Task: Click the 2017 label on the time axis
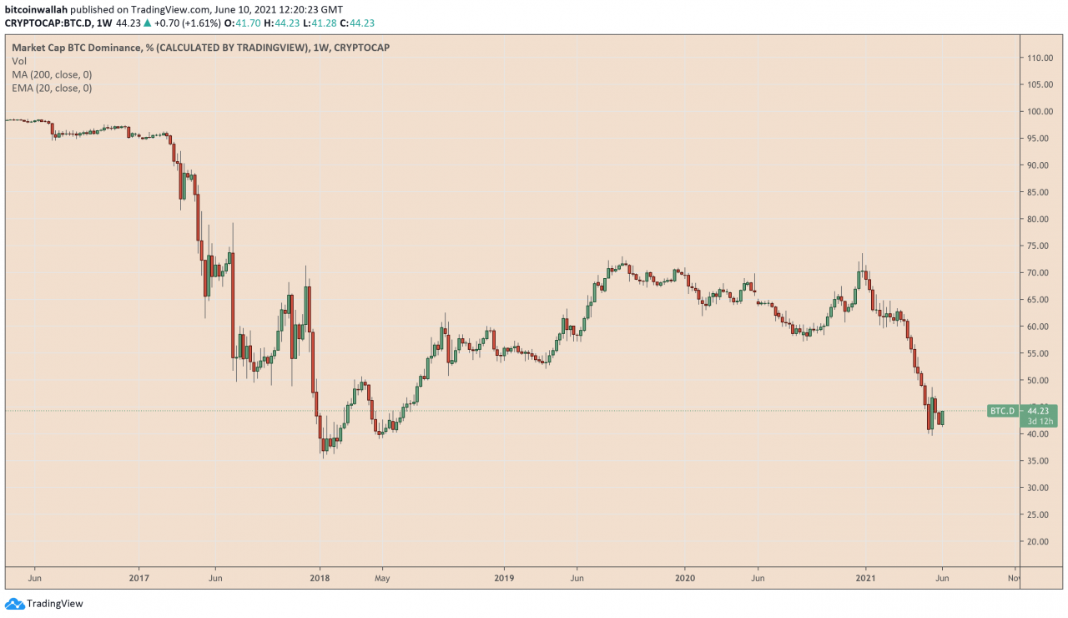(x=139, y=577)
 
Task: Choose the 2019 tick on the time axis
(x=503, y=577)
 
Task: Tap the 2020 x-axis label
(x=684, y=577)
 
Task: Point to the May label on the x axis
(x=382, y=577)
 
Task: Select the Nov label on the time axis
(x=1013, y=577)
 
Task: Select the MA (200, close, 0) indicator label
(x=52, y=74)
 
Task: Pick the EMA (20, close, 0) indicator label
(x=52, y=88)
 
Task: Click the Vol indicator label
(x=18, y=61)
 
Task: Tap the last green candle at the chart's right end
(x=941, y=418)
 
